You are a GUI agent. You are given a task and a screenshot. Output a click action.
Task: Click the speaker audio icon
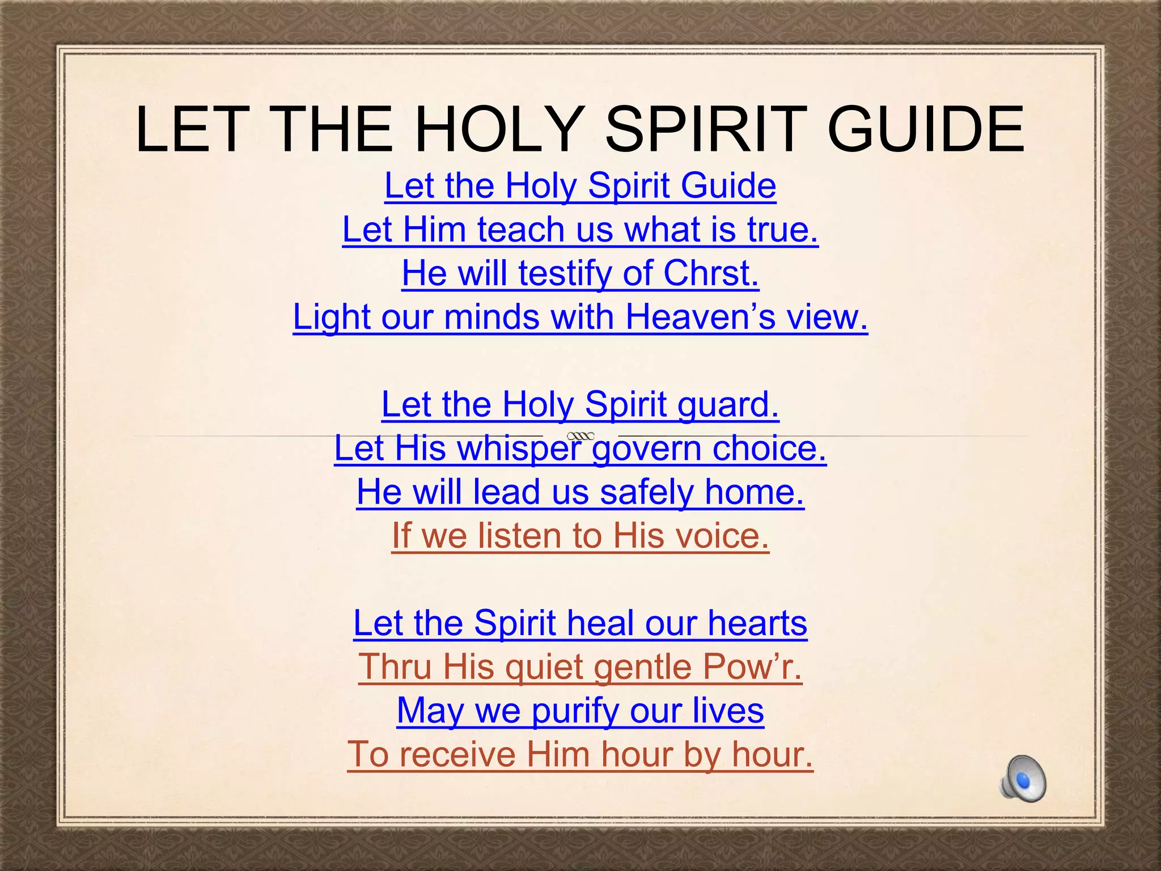pos(1023,779)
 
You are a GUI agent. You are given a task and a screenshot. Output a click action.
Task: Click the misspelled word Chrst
pos(711,273)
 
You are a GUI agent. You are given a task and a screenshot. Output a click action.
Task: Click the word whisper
pos(519,449)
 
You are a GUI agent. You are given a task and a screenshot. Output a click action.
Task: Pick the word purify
pos(575,711)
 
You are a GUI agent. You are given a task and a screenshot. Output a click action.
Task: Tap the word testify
pos(565,273)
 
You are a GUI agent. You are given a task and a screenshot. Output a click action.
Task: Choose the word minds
pos(491,317)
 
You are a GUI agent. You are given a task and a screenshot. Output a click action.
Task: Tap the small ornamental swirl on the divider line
pos(580,435)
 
